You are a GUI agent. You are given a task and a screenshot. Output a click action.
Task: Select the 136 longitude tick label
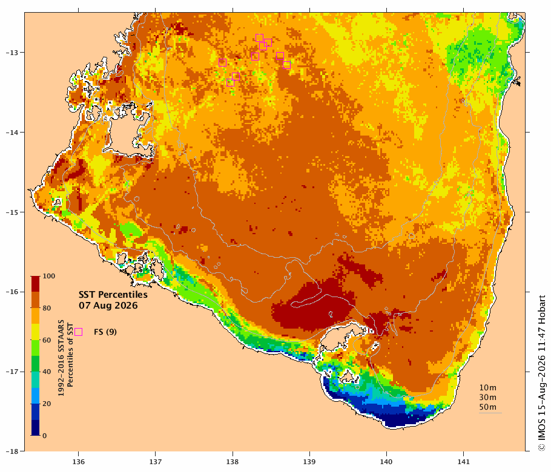(78, 462)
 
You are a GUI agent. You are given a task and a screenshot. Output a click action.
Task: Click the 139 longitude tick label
(309, 462)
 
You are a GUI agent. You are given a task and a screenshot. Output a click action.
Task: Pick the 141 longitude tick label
(463, 462)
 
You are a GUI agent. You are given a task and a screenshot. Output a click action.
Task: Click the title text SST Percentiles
(113, 294)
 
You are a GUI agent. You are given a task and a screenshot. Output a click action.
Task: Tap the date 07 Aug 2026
(108, 305)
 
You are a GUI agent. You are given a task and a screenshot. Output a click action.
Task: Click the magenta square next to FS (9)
(78, 332)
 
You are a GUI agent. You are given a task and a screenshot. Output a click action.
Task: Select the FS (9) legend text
(105, 332)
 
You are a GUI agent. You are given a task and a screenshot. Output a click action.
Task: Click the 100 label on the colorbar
(49, 276)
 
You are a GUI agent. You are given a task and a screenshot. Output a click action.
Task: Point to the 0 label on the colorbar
(45, 436)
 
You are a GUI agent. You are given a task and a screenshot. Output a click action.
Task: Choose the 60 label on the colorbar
(47, 340)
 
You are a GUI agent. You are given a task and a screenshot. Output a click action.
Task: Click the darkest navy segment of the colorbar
(35, 428)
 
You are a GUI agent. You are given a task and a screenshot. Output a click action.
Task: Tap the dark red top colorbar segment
(35, 284)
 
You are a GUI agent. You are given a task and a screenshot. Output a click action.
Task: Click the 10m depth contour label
(488, 388)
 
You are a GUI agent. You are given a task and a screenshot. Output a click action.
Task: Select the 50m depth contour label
(488, 407)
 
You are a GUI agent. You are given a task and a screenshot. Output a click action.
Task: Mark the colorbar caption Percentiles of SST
(70, 355)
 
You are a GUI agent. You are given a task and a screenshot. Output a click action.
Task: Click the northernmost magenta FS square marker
(259, 38)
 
